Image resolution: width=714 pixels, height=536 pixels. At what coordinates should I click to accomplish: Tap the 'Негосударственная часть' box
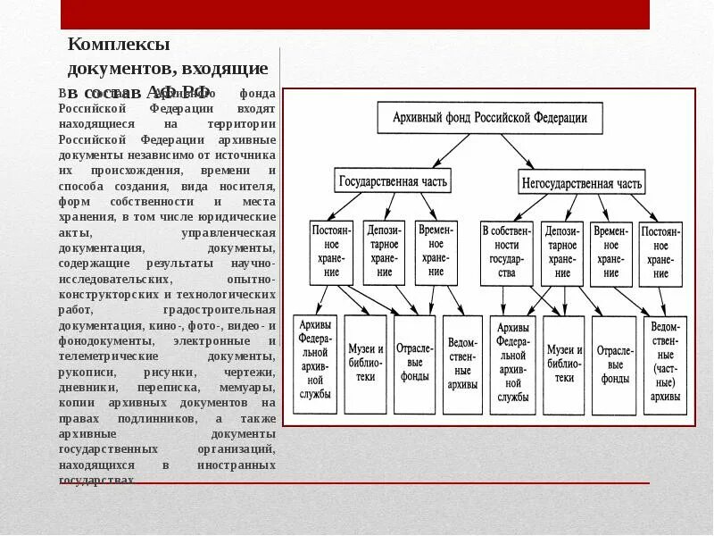click(x=580, y=184)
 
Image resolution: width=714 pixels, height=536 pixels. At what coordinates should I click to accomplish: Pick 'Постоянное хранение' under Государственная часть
click(x=331, y=253)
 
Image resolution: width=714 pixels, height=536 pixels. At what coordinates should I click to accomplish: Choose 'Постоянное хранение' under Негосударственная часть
click(x=660, y=253)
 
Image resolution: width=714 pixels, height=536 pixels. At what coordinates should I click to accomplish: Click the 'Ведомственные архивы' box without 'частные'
click(x=463, y=364)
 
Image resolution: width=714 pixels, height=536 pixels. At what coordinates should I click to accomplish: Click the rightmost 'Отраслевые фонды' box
click(x=615, y=364)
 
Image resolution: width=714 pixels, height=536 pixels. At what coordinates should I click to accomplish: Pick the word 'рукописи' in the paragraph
click(x=83, y=372)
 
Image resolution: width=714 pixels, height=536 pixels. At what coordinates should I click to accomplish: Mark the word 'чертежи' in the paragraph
click(x=253, y=372)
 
